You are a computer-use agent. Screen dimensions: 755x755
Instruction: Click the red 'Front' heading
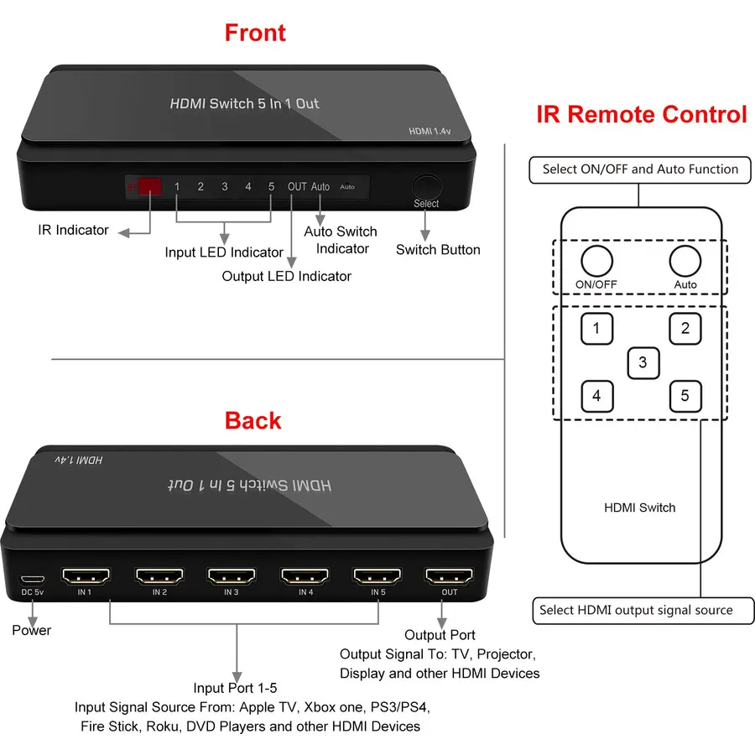point(255,33)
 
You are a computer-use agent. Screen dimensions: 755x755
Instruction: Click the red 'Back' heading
point(253,420)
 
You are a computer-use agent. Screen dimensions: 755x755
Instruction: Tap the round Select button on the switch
point(427,186)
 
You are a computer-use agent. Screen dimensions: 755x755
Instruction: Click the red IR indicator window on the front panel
point(149,186)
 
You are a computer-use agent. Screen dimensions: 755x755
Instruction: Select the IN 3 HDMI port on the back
point(232,575)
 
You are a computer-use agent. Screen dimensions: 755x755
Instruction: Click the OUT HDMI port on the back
point(449,575)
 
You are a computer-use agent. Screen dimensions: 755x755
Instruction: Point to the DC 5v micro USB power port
point(32,579)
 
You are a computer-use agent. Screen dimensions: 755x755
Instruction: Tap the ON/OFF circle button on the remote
point(596,261)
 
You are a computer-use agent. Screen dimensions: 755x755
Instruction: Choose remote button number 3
point(643,363)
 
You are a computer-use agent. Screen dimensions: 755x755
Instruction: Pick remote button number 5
point(685,396)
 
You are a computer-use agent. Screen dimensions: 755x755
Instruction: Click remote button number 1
point(597,329)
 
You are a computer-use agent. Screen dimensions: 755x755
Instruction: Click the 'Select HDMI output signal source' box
point(643,611)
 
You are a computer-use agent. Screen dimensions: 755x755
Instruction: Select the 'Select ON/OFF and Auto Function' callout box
point(640,169)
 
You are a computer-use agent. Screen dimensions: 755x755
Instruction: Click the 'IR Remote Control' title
point(642,115)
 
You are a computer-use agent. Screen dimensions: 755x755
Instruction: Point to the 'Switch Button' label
point(438,250)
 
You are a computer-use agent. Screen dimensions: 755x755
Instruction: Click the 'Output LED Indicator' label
point(287,276)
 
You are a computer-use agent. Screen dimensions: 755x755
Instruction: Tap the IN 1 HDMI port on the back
point(86,575)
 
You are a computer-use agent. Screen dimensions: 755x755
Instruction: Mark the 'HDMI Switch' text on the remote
point(640,508)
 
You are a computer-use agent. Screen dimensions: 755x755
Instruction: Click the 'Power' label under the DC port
point(31,630)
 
